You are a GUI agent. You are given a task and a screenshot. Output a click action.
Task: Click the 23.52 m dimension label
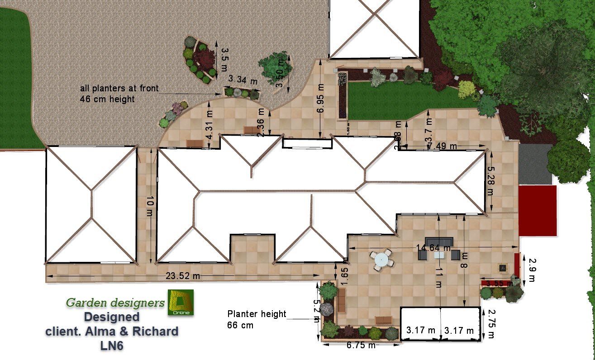183,276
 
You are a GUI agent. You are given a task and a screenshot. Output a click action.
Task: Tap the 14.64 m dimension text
433,248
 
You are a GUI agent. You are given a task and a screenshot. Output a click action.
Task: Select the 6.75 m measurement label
360,346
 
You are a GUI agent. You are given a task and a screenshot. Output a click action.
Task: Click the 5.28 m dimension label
490,180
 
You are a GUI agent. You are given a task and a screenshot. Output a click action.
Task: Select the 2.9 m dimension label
532,270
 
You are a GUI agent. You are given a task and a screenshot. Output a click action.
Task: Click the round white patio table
381,260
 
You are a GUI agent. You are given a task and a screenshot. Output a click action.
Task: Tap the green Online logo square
181,302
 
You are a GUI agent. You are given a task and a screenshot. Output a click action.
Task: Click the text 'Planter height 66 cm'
257,319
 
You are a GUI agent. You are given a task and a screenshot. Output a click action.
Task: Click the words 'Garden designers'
115,303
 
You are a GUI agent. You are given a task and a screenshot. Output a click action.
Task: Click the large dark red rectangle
537,210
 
